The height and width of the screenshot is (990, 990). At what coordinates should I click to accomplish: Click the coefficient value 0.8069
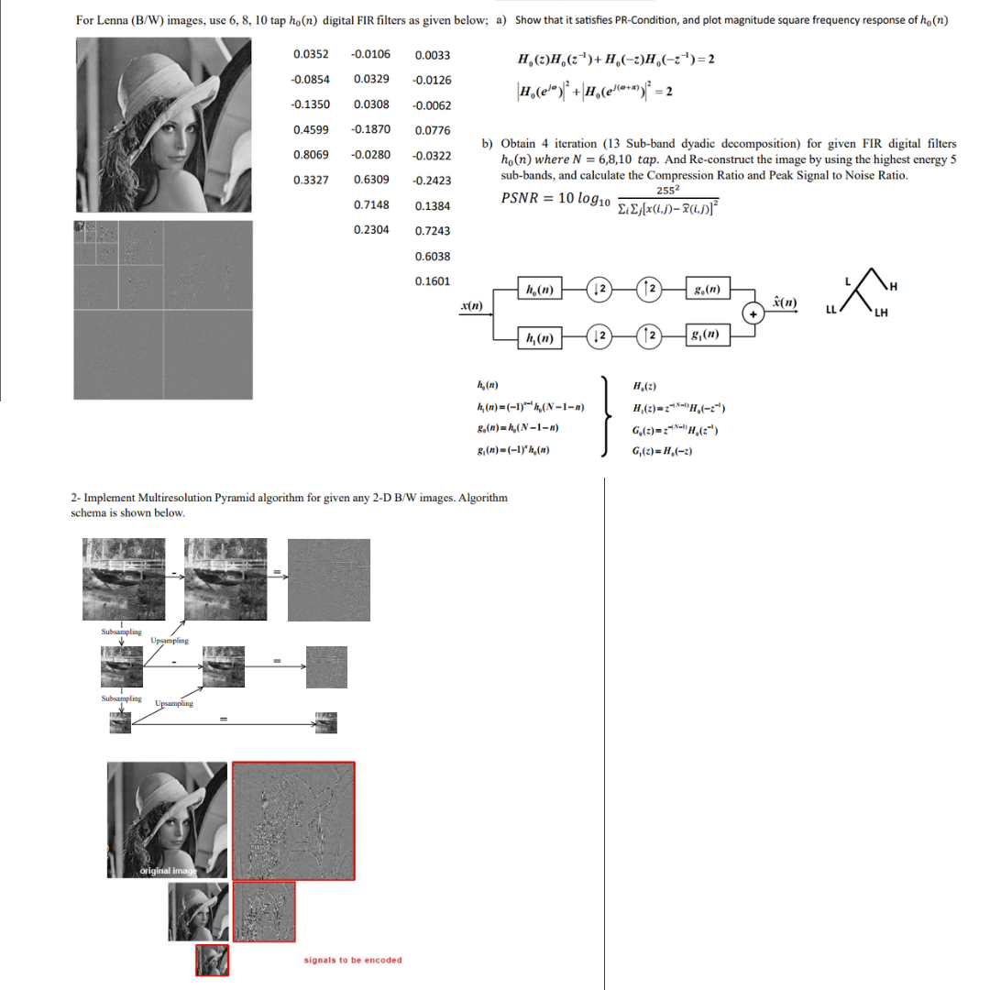tap(311, 154)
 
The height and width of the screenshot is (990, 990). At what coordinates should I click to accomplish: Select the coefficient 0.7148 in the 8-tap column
tap(370, 204)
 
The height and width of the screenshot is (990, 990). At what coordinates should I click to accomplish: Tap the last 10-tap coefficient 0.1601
tap(432, 281)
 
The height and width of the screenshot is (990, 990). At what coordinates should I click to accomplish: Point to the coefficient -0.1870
tap(370, 129)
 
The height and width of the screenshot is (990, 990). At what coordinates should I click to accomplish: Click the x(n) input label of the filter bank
tap(472, 303)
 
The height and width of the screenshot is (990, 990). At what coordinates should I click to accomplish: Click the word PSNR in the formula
tap(521, 198)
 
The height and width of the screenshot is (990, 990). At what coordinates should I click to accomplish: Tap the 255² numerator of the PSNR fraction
tap(667, 190)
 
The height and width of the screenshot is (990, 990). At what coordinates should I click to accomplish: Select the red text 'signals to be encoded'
tap(352, 960)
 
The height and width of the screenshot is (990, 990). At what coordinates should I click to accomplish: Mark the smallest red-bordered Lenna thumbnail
tap(213, 960)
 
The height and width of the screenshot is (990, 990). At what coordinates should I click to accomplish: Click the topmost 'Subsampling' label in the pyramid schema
tap(120, 632)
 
